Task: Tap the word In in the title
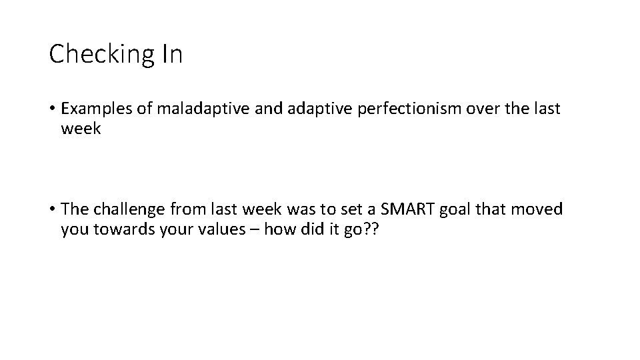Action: click(x=171, y=53)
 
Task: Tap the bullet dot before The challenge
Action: click(x=52, y=210)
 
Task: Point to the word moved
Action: click(x=538, y=209)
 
